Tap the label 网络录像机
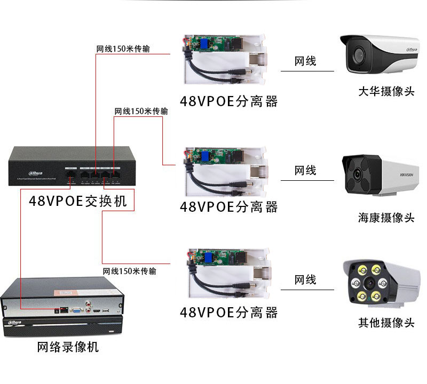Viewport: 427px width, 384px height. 68,347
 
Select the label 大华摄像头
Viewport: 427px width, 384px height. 386,91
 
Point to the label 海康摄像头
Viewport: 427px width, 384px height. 386,217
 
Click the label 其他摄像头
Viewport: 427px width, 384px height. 386,323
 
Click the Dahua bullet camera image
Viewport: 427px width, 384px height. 379,54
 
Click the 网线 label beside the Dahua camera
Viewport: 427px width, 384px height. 305,61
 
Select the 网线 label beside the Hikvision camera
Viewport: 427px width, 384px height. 305,171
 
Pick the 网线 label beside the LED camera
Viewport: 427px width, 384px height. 305,280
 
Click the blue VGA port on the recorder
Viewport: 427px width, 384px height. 76,309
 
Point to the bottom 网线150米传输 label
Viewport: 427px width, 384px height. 130,271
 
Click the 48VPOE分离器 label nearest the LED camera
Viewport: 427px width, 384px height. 229,312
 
